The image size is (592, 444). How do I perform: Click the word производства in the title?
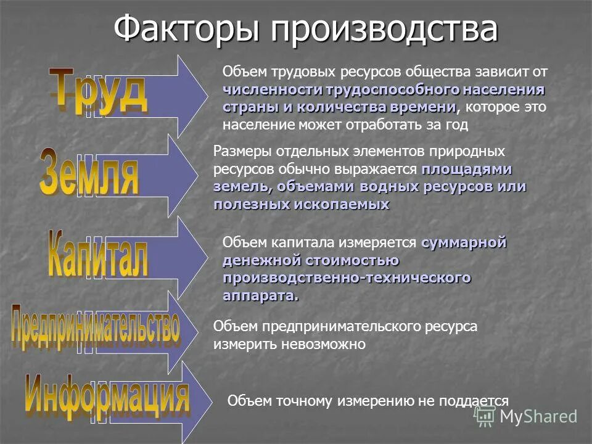381,29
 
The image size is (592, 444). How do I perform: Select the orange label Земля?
89,172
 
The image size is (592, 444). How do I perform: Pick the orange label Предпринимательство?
96,327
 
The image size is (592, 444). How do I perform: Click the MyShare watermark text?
538,416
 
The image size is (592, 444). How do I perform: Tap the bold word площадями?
467,169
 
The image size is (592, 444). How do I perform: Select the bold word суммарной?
464,243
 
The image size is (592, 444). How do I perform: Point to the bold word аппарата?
260,295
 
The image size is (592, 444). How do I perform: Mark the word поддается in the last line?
472,401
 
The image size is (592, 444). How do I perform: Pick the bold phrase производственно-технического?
347,278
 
